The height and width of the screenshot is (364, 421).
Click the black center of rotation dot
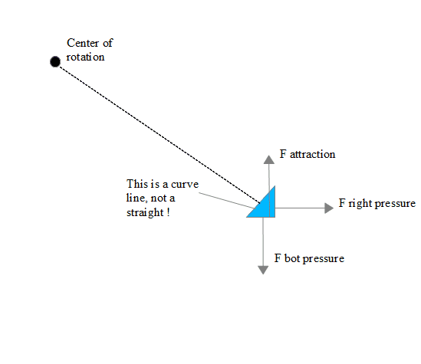click(x=55, y=62)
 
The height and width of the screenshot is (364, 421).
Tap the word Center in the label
click(x=83, y=43)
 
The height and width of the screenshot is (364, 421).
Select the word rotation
click(x=85, y=57)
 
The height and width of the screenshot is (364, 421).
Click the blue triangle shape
click(x=265, y=205)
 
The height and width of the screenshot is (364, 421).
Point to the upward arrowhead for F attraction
click(x=268, y=159)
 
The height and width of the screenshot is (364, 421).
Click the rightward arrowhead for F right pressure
click(x=329, y=208)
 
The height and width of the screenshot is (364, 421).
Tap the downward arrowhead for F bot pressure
click(x=263, y=270)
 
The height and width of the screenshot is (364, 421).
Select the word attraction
click(x=313, y=154)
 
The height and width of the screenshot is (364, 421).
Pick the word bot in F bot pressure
click(x=292, y=258)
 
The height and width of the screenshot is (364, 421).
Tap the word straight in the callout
click(x=145, y=213)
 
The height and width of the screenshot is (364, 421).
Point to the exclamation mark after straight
click(x=168, y=212)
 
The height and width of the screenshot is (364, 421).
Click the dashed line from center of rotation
click(x=160, y=135)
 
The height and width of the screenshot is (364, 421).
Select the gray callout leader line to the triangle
click(x=226, y=200)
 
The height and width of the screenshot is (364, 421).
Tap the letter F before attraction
click(x=283, y=154)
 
